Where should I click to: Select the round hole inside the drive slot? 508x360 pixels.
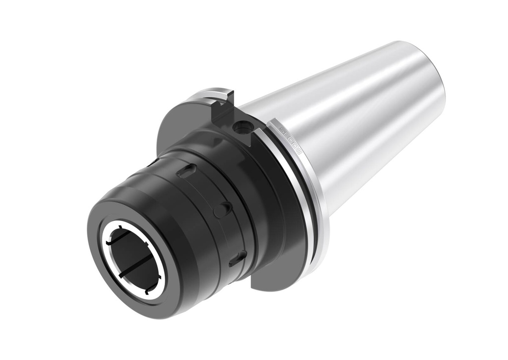point(243,127)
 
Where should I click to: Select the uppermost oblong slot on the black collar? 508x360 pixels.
point(186,171)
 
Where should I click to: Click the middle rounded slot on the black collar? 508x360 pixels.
point(223,209)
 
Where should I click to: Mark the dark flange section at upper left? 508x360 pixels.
point(179,119)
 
